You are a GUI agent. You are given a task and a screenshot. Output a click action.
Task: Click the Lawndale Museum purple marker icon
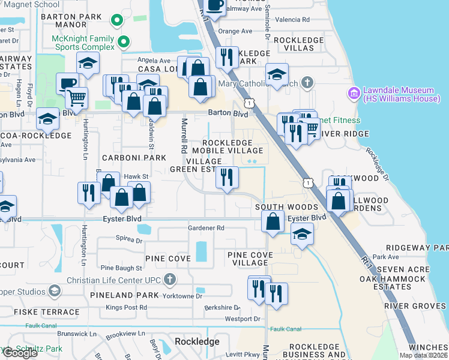click(x=353, y=94)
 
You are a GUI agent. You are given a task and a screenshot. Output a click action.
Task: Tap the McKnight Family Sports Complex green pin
click(x=124, y=42)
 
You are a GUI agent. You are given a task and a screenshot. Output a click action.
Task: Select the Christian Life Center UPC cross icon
click(x=170, y=279)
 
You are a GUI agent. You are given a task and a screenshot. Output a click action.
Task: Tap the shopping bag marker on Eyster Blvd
click(x=273, y=221)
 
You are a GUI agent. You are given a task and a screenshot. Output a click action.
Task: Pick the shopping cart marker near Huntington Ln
click(x=76, y=97)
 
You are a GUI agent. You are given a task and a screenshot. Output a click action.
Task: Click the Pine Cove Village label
click(x=250, y=259)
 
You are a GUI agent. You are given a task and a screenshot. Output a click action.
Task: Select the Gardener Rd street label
click(x=206, y=228)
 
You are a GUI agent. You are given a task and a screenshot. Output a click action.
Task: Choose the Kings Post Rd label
click(x=126, y=307)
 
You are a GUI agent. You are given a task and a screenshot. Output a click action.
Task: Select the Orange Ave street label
click(x=235, y=31)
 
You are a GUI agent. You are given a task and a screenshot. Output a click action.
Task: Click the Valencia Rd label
click(x=293, y=20)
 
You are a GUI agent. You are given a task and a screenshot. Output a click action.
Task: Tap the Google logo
click(x=20, y=353)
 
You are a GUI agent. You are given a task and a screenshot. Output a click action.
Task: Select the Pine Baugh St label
click(x=121, y=268)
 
